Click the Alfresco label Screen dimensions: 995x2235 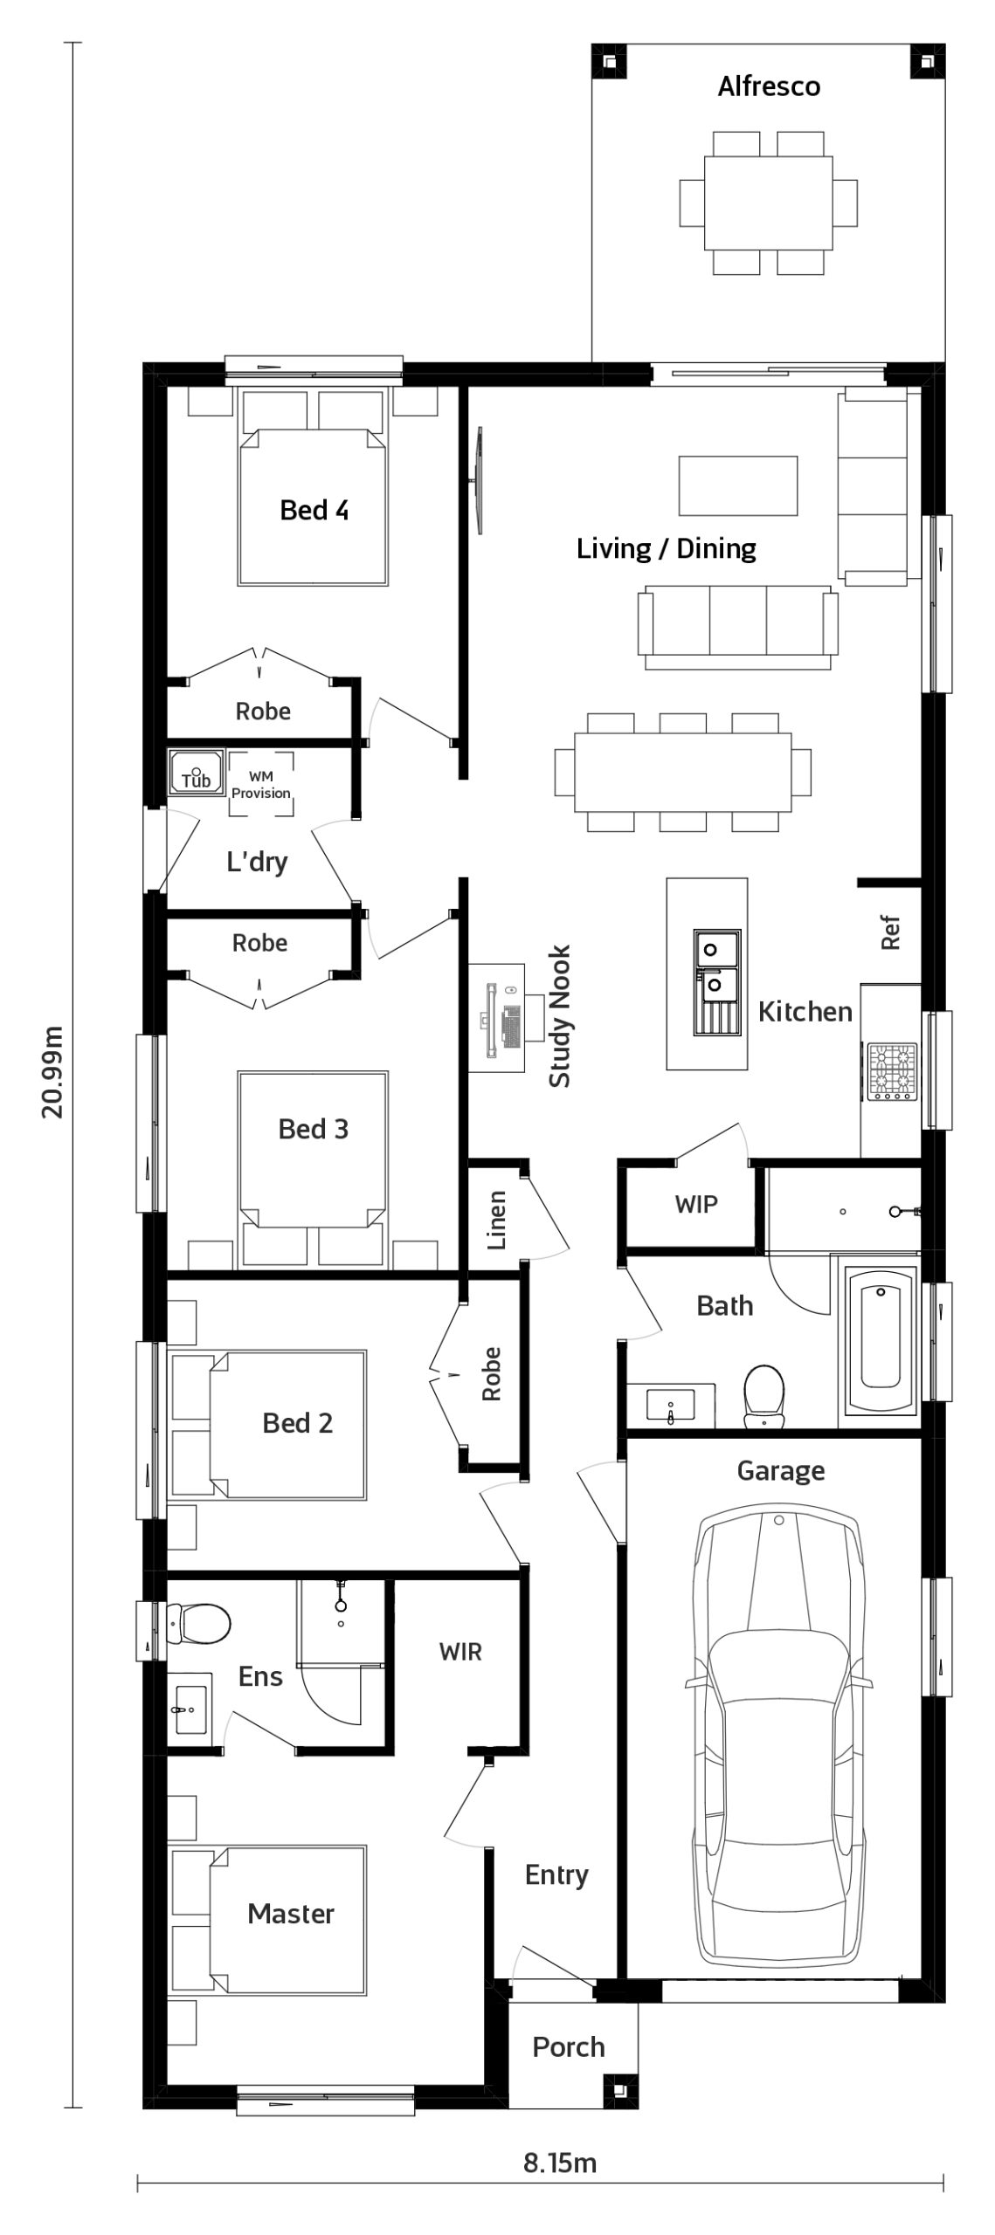[x=769, y=86]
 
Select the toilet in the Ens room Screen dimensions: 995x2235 [x=199, y=1621]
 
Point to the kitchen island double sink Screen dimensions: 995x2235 [x=717, y=981]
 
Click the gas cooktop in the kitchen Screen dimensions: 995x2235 [x=891, y=1070]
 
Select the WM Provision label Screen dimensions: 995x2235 [x=260, y=784]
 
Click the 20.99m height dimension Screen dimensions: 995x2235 [x=53, y=1071]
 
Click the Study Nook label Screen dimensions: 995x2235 [x=559, y=1016]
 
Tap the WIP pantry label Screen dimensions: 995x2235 [x=696, y=1205]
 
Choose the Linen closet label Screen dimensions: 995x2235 [x=496, y=1220]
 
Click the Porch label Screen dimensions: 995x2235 [x=569, y=2046]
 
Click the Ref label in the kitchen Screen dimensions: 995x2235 [x=890, y=932]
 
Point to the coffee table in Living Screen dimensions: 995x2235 [x=738, y=485]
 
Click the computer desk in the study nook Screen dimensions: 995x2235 [x=497, y=1017]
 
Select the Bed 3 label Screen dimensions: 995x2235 [x=314, y=1129]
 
